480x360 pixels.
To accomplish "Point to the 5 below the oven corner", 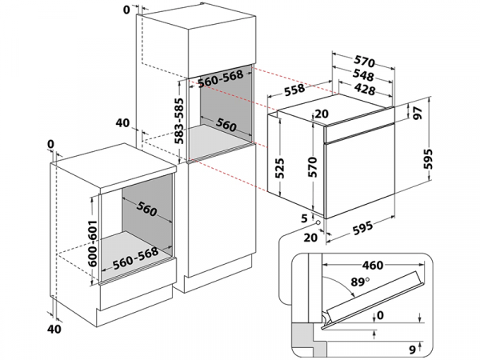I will pyautogui.click(x=305, y=218).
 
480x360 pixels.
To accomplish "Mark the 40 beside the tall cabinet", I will pyautogui.click(x=122, y=123).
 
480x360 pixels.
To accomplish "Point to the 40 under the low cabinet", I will pyautogui.click(x=54, y=329).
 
